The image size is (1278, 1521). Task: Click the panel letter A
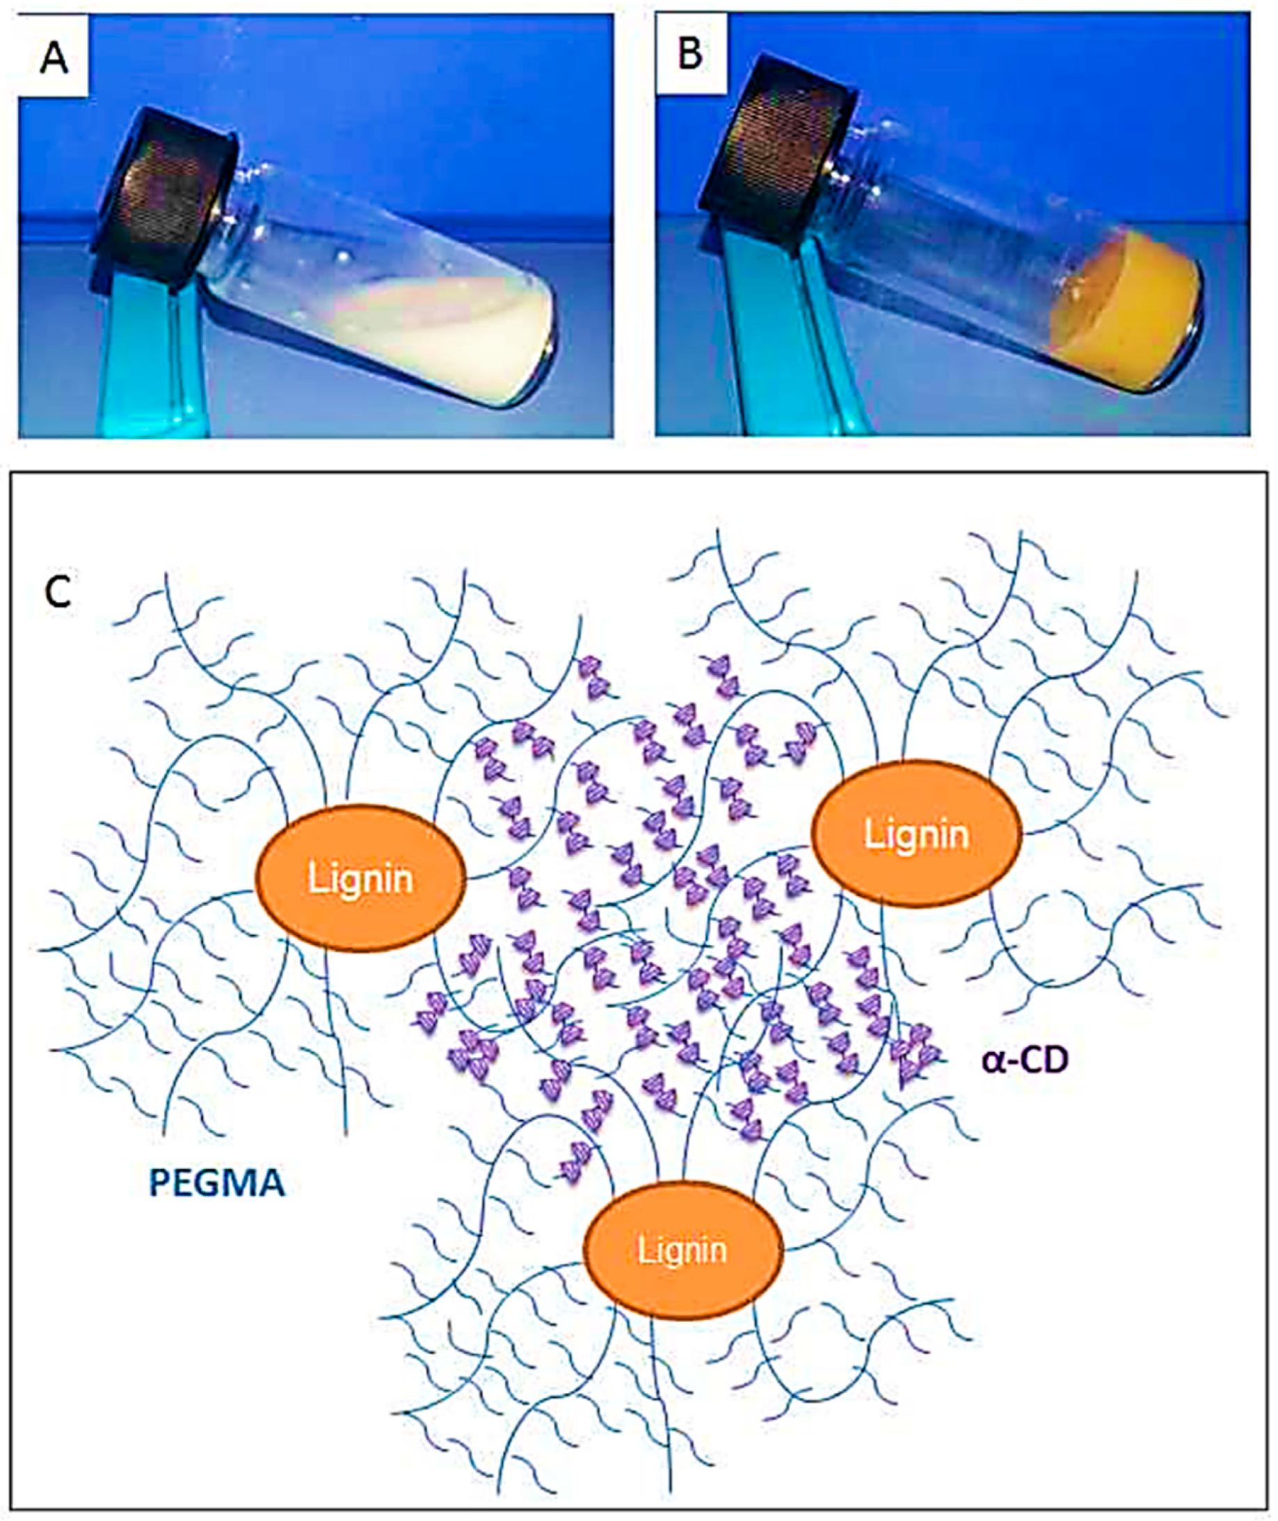coord(54,57)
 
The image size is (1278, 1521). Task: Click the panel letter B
coord(689,54)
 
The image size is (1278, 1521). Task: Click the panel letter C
coord(58,593)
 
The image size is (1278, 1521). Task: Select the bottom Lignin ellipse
coord(682,1249)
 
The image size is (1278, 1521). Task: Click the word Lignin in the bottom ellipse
coord(682,1249)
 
